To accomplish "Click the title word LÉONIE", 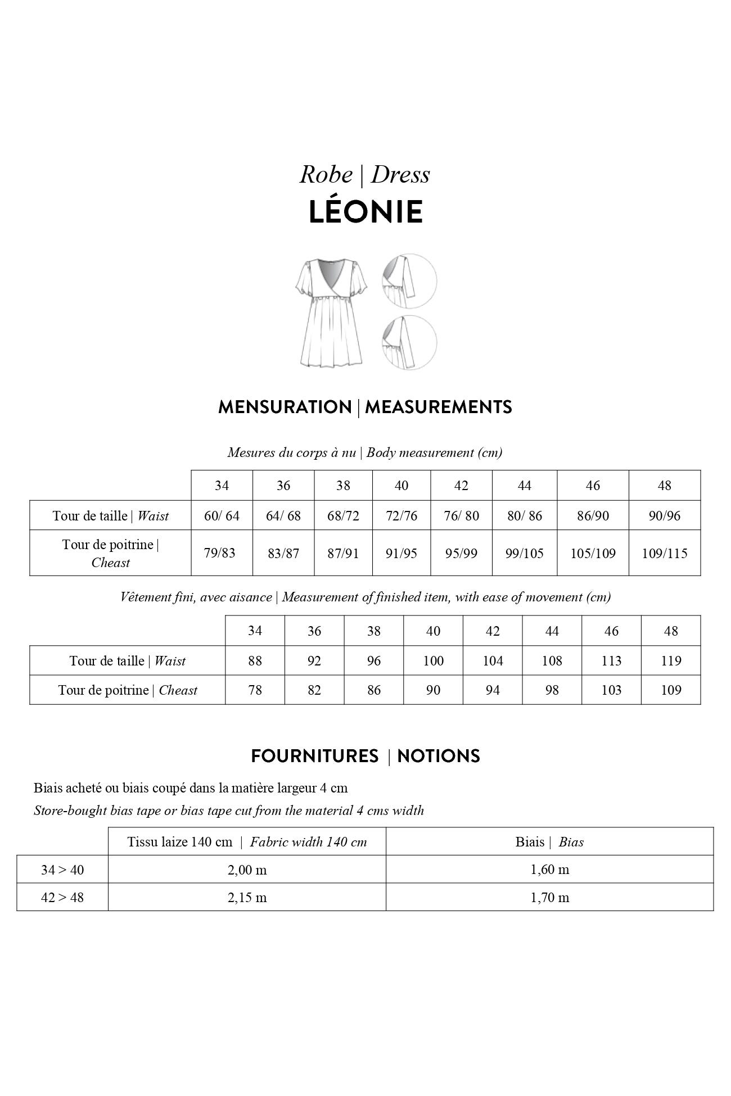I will pyautogui.click(x=365, y=212).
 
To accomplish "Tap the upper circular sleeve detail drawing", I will pyautogui.click(x=409, y=280).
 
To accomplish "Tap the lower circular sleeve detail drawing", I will pyautogui.click(x=409, y=342).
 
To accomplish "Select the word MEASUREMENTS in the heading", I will pyautogui.click(x=438, y=407).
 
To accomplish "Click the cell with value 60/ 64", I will pyautogui.click(x=222, y=515).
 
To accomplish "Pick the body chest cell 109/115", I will pyautogui.click(x=664, y=553).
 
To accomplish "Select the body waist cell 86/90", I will pyautogui.click(x=593, y=515).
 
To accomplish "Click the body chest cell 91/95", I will pyautogui.click(x=401, y=553).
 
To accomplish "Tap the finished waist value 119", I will pyautogui.click(x=671, y=660).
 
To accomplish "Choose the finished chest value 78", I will pyautogui.click(x=255, y=690).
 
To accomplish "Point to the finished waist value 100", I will pyautogui.click(x=433, y=660).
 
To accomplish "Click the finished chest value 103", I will pyautogui.click(x=611, y=690).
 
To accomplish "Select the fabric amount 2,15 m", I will pyautogui.click(x=247, y=897).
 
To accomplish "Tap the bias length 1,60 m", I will pyautogui.click(x=549, y=869).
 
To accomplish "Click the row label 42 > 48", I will pyautogui.click(x=62, y=897).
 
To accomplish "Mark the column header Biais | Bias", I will pyautogui.click(x=549, y=841).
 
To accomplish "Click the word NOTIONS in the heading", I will pyautogui.click(x=438, y=756).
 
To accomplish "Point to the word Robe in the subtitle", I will pyautogui.click(x=326, y=174).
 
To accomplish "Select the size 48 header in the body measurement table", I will pyautogui.click(x=664, y=485).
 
